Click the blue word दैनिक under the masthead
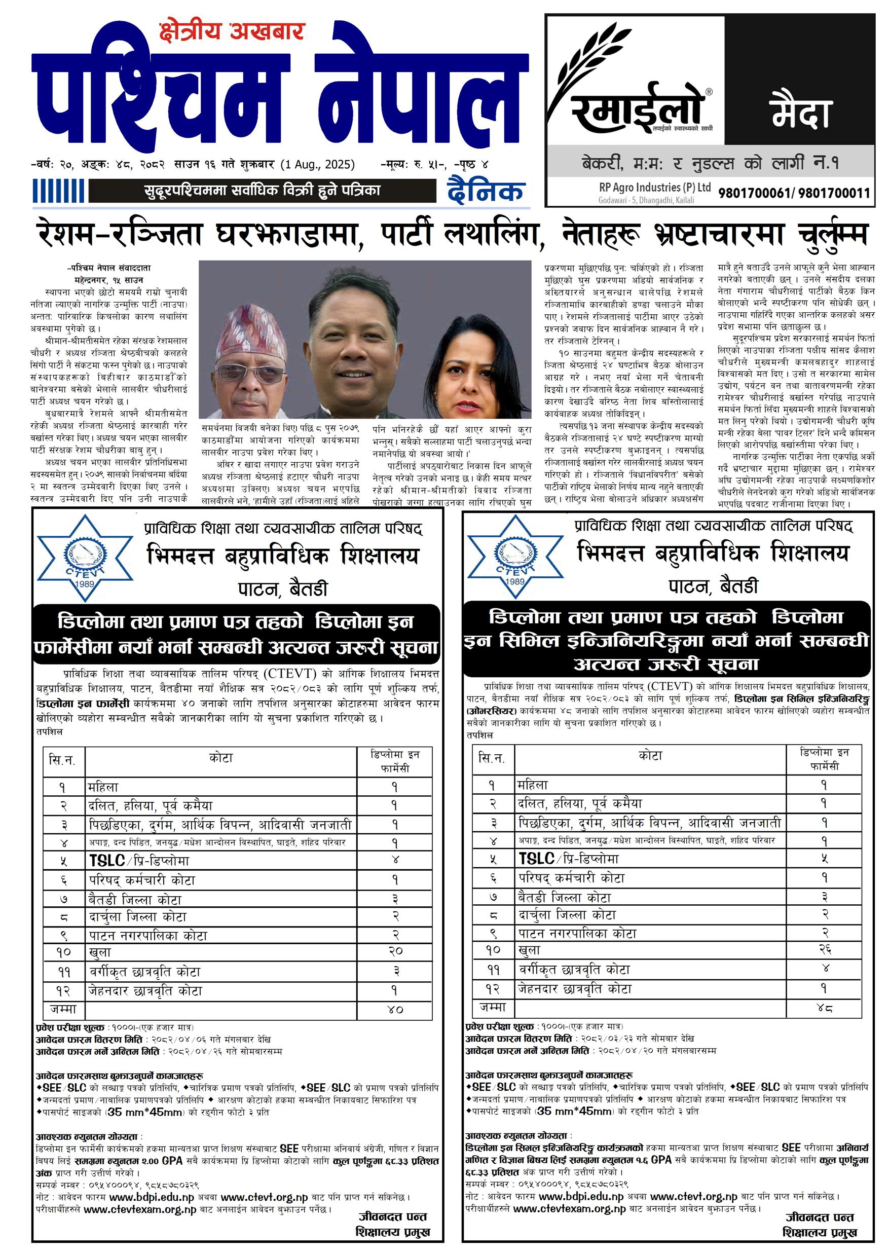(486, 191)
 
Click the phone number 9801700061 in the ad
(755, 193)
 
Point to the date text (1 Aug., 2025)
(317, 164)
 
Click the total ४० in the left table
(395, 1009)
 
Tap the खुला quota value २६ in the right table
(825, 949)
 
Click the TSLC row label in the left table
(139, 860)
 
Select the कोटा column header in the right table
(650, 756)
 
